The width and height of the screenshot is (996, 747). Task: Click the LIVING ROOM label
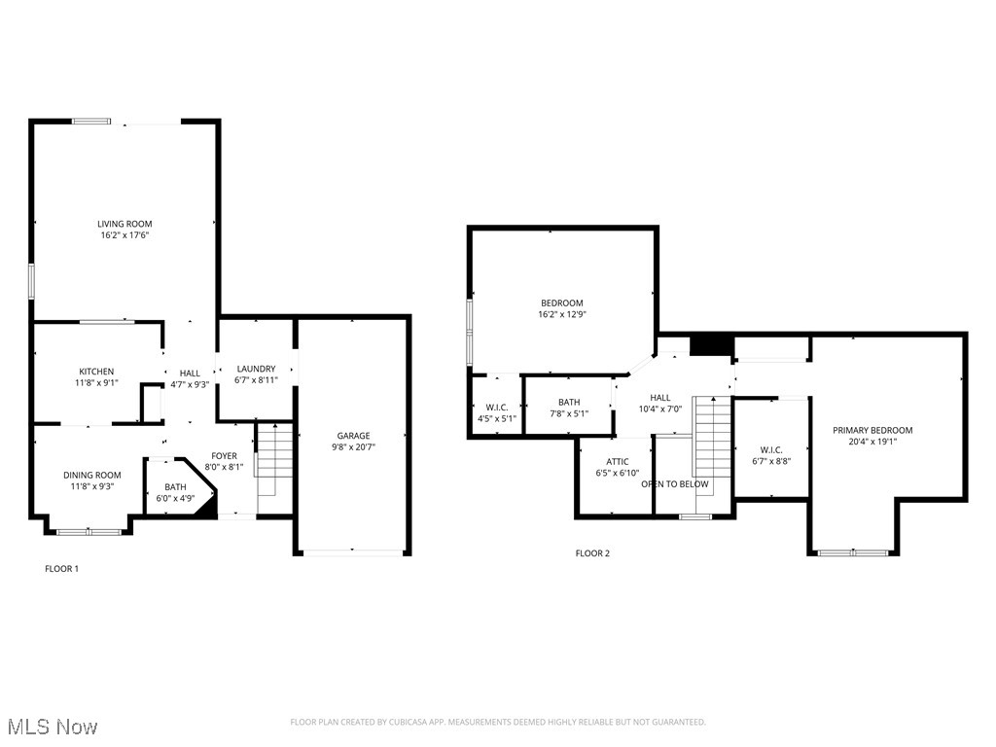124,224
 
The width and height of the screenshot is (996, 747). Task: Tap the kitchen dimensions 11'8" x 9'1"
97,382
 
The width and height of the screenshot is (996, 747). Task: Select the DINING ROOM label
92,475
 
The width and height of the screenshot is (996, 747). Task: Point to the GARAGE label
353,436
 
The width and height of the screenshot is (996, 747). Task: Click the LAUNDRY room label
256,369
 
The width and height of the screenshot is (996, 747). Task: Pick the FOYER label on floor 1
224,455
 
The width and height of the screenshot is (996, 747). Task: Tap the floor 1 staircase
275,462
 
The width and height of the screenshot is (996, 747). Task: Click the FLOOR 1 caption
61,568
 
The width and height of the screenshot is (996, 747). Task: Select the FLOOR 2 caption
592,553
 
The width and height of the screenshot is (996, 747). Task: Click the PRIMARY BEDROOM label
872,430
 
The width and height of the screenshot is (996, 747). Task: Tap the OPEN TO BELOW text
675,483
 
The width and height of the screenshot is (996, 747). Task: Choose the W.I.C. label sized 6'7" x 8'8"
771,449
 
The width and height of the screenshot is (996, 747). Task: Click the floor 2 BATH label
569,403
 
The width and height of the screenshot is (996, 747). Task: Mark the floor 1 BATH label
175,486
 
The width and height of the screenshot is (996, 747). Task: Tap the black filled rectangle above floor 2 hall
710,345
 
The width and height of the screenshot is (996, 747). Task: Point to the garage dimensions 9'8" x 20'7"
353,447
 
